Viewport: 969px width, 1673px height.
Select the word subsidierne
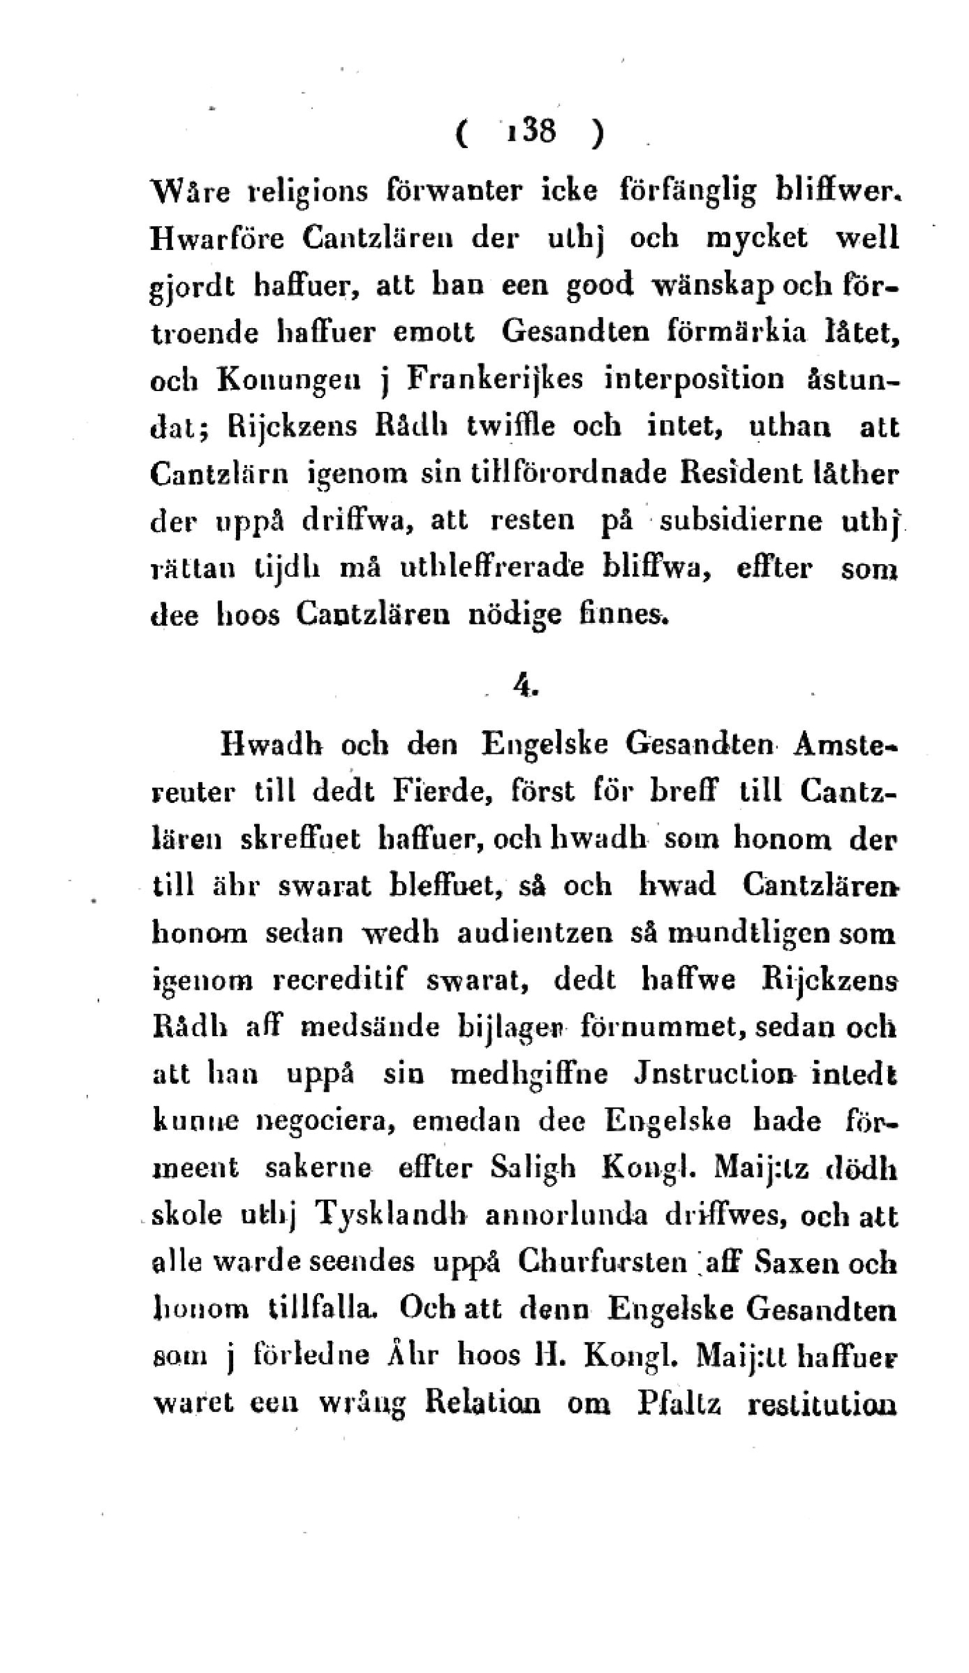coord(741,521)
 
